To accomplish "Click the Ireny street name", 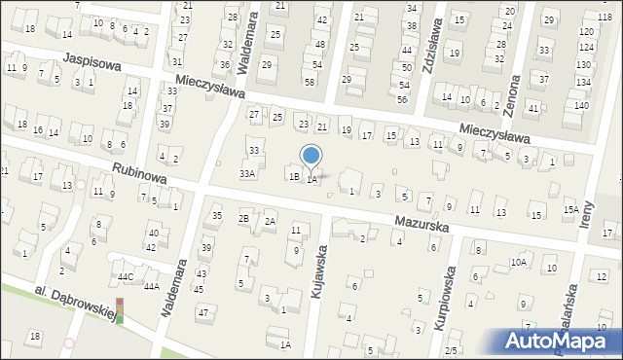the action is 588,203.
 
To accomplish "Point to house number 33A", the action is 248,173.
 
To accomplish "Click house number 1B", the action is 292,176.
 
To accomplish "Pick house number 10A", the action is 519,262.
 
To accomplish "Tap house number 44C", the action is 126,277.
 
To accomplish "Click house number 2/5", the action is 451,350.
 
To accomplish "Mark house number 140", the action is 581,105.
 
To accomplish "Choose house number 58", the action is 309,81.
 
